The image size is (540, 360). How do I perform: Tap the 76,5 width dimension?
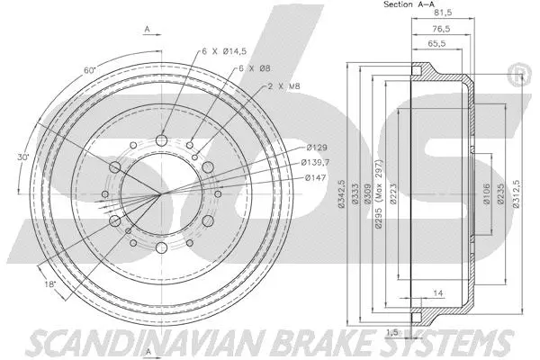[x=438, y=30]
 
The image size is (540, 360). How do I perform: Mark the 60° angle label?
[x=87, y=69]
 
